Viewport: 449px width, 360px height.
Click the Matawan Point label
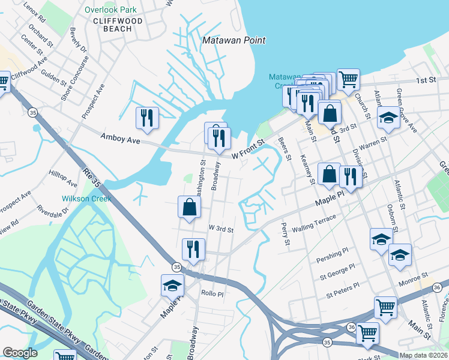pos(234,40)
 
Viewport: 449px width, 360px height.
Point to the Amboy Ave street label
pos(120,139)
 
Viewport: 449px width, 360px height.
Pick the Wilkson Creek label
pos(82,199)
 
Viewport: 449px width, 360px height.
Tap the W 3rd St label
pos(220,229)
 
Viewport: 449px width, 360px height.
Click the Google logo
pos(20,353)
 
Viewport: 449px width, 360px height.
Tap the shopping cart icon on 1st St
pos(348,78)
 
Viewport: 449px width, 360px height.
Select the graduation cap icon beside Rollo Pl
pos(172,286)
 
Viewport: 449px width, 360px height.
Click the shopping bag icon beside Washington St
pos(189,207)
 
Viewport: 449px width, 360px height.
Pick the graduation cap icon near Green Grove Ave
pos(389,118)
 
